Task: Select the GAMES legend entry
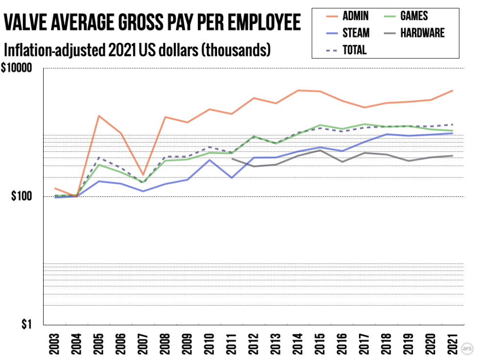(x=414, y=16)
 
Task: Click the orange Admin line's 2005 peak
(x=99, y=116)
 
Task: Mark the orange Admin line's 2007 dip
(x=143, y=175)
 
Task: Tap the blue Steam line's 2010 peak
(x=209, y=160)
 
